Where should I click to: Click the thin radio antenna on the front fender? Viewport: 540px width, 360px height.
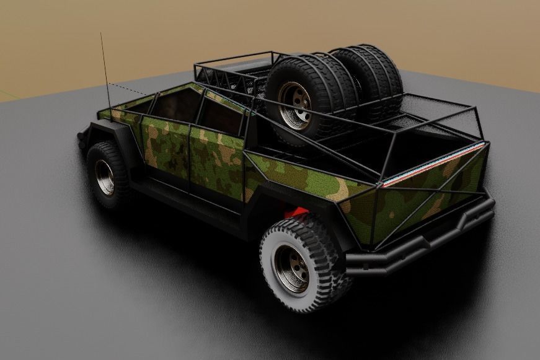coord(105,68)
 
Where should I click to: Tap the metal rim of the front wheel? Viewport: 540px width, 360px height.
coord(105,177)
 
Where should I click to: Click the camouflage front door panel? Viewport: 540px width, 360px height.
coord(164,149)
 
